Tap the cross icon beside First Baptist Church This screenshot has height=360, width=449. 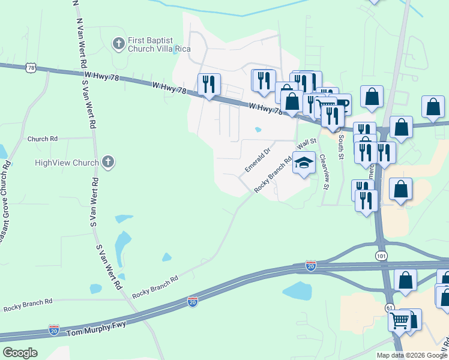coord(118,43)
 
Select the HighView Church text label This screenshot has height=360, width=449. coord(67,163)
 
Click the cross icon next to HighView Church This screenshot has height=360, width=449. coord(108,162)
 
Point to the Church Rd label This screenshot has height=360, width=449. coord(42,139)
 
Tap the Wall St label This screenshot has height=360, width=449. coord(306,145)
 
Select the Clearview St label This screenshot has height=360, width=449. coord(324,172)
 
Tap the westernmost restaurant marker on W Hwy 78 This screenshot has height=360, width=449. coord(209,85)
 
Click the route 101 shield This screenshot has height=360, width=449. coord(382,256)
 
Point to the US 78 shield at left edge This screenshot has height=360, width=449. coord(31,68)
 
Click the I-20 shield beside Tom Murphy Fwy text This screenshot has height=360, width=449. coord(54,330)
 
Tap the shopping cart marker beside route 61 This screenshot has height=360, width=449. coord(400,320)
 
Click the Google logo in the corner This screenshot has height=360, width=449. coord(19,352)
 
